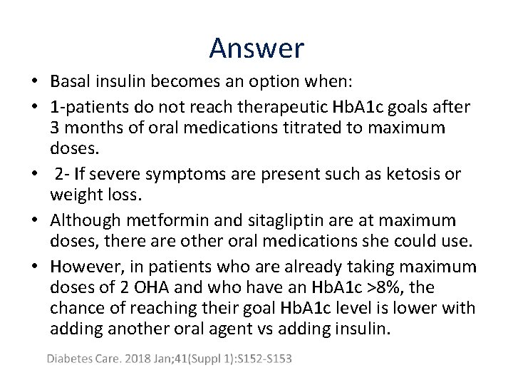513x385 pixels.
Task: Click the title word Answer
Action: [x=256, y=48]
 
